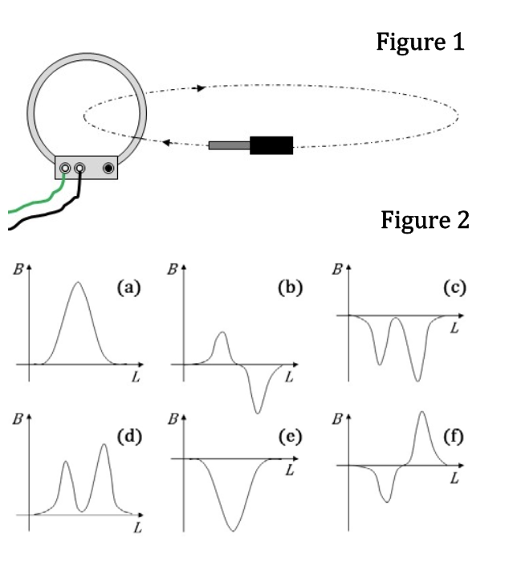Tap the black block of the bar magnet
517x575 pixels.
click(x=271, y=145)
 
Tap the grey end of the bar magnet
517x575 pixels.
click(x=229, y=145)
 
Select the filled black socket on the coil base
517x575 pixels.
click(x=108, y=168)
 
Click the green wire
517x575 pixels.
click(x=36, y=200)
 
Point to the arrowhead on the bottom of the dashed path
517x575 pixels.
click(x=167, y=143)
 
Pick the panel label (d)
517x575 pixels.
click(x=129, y=436)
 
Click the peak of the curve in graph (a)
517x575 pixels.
click(x=78, y=282)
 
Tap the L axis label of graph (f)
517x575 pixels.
click(x=454, y=479)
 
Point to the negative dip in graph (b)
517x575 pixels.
click(x=258, y=412)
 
